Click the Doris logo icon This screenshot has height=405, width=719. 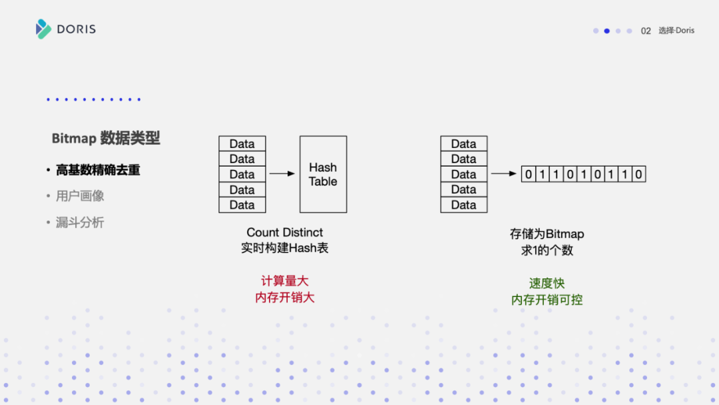pyautogui.click(x=43, y=29)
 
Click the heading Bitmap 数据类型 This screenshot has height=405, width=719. pyautogui.click(x=106, y=138)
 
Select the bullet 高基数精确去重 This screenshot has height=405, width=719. pyautogui.click(x=98, y=170)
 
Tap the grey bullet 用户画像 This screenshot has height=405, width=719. pyautogui.click(x=80, y=196)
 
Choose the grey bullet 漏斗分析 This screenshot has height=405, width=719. pyautogui.click(x=80, y=222)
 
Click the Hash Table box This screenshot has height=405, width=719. pyautogui.click(x=323, y=175)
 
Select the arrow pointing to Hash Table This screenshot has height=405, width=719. pyautogui.click(x=282, y=174)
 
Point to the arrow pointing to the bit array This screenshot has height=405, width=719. pyautogui.click(x=504, y=174)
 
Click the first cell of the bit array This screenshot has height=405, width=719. pyautogui.click(x=529, y=175)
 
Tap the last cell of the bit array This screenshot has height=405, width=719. pyautogui.click(x=639, y=175)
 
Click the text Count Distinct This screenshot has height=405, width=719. pyautogui.click(x=285, y=232)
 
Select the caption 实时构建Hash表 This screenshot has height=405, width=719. pyautogui.click(x=285, y=248)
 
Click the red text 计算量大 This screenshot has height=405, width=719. pyautogui.click(x=285, y=281)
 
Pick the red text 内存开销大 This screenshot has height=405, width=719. pyautogui.click(x=285, y=297)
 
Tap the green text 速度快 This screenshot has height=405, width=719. pyautogui.click(x=547, y=284)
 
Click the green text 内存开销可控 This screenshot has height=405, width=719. pyautogui.click(x=547, y=300)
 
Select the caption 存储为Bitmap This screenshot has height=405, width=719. pyautogui.click(x=547, y=234)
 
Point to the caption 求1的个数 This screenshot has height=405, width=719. pyautogui.click(x=547, y=250)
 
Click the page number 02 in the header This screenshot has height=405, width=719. pyautogui.click(x=646, y=31)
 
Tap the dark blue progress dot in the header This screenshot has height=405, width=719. pyautogui.click(x=606, y=31)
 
